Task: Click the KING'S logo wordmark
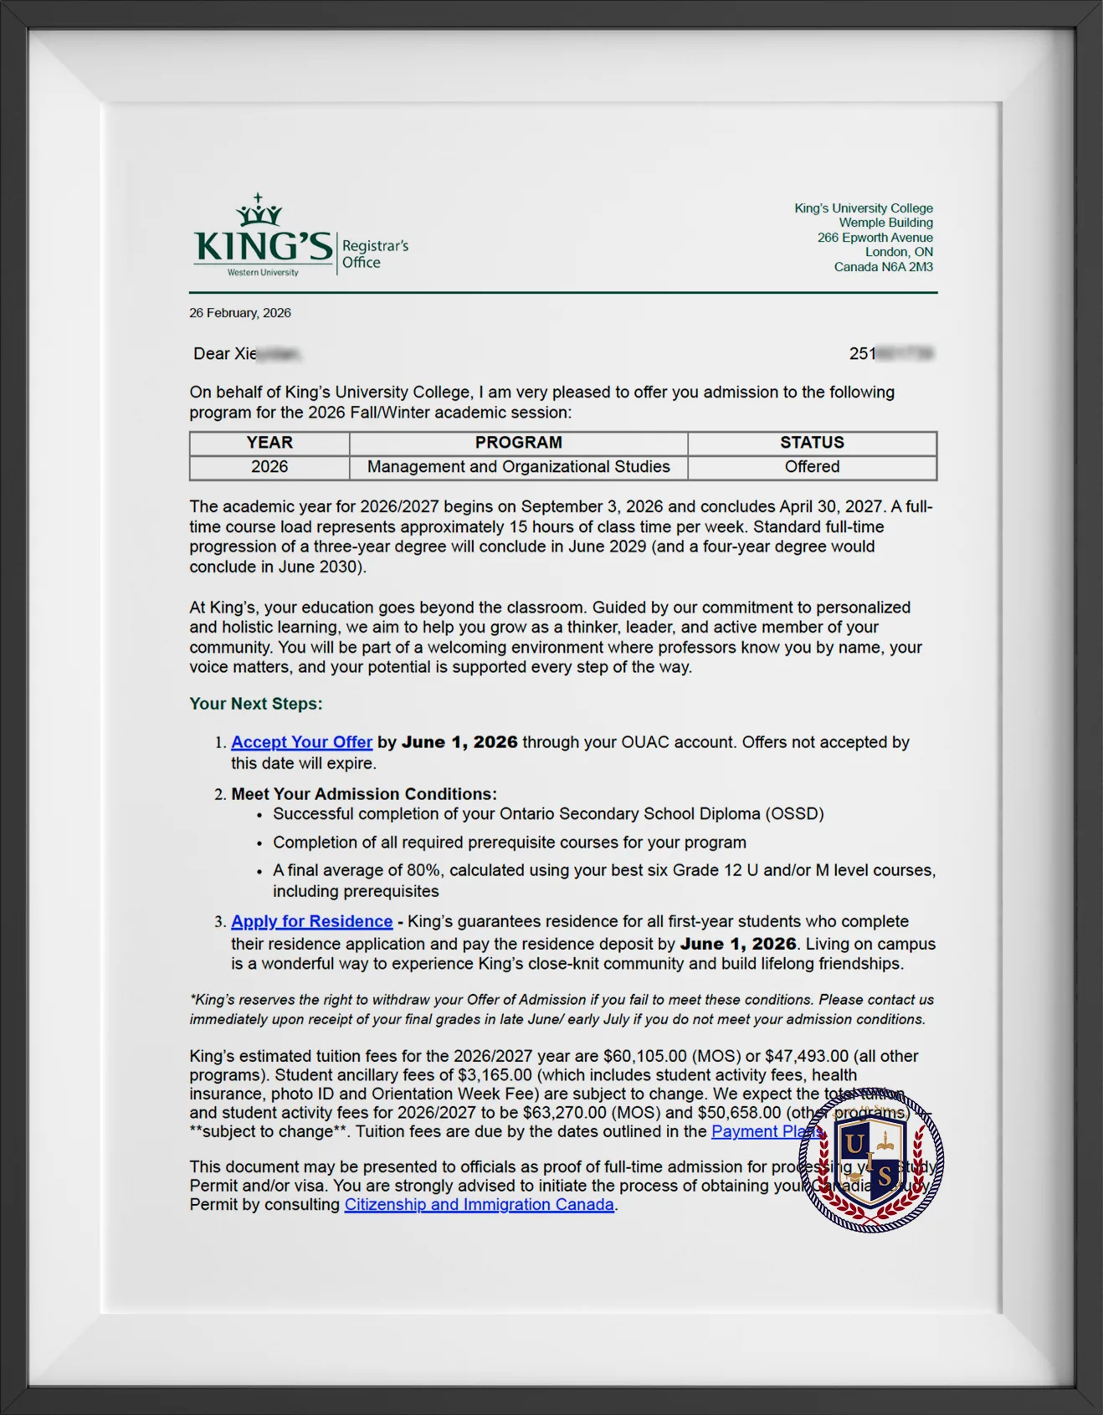(x=263, y=247)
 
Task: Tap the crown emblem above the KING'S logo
(x=259, y=211)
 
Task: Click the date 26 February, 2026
(x=240, y=313)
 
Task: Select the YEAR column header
(x=269, y=443)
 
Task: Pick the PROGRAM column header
(x=519, y=443)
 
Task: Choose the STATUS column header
(x=812, y=443)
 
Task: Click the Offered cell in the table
(x=812, y=467)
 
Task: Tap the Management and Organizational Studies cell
(x=519, y=467)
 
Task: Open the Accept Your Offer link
(x=301, y=742)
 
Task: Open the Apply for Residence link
(x=311, y=921)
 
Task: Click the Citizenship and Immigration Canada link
(x=479, y=1205)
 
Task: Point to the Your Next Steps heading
(x=255, y=704)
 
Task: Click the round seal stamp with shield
(x=871, y=1160)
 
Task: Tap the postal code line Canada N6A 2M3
(x=883, y=267)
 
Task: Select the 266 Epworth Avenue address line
(x=875, y=238)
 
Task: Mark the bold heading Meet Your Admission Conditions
(x=364, y=794)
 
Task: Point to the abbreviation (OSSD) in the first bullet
(x=792, y=814)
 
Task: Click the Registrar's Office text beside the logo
(x=374, y=254)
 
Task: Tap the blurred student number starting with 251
(x=890, y=354)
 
